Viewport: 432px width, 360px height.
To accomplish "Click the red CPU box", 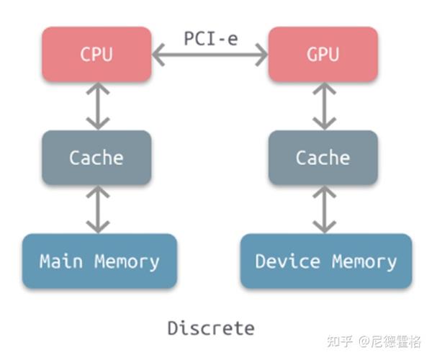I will pos(96,54).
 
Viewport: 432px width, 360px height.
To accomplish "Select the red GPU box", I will pos(323,54).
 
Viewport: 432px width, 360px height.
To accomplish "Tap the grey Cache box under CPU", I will pos(96,158).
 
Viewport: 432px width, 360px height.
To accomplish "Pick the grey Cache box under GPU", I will pos(323,158).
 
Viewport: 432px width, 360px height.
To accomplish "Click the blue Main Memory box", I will pos(99,261).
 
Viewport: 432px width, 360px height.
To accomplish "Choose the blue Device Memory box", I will pos(325,261).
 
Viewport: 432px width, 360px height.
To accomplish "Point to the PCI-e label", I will pos(210,38).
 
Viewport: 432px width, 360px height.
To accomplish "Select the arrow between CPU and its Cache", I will pos(96,106).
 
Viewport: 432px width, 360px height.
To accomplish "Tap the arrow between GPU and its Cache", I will pos(323,106).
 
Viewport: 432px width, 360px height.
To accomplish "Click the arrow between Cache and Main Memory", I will pos(96,209).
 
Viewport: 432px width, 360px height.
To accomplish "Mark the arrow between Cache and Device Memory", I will pos(323,209).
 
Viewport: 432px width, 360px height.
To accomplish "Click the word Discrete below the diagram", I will pos(211,328).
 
